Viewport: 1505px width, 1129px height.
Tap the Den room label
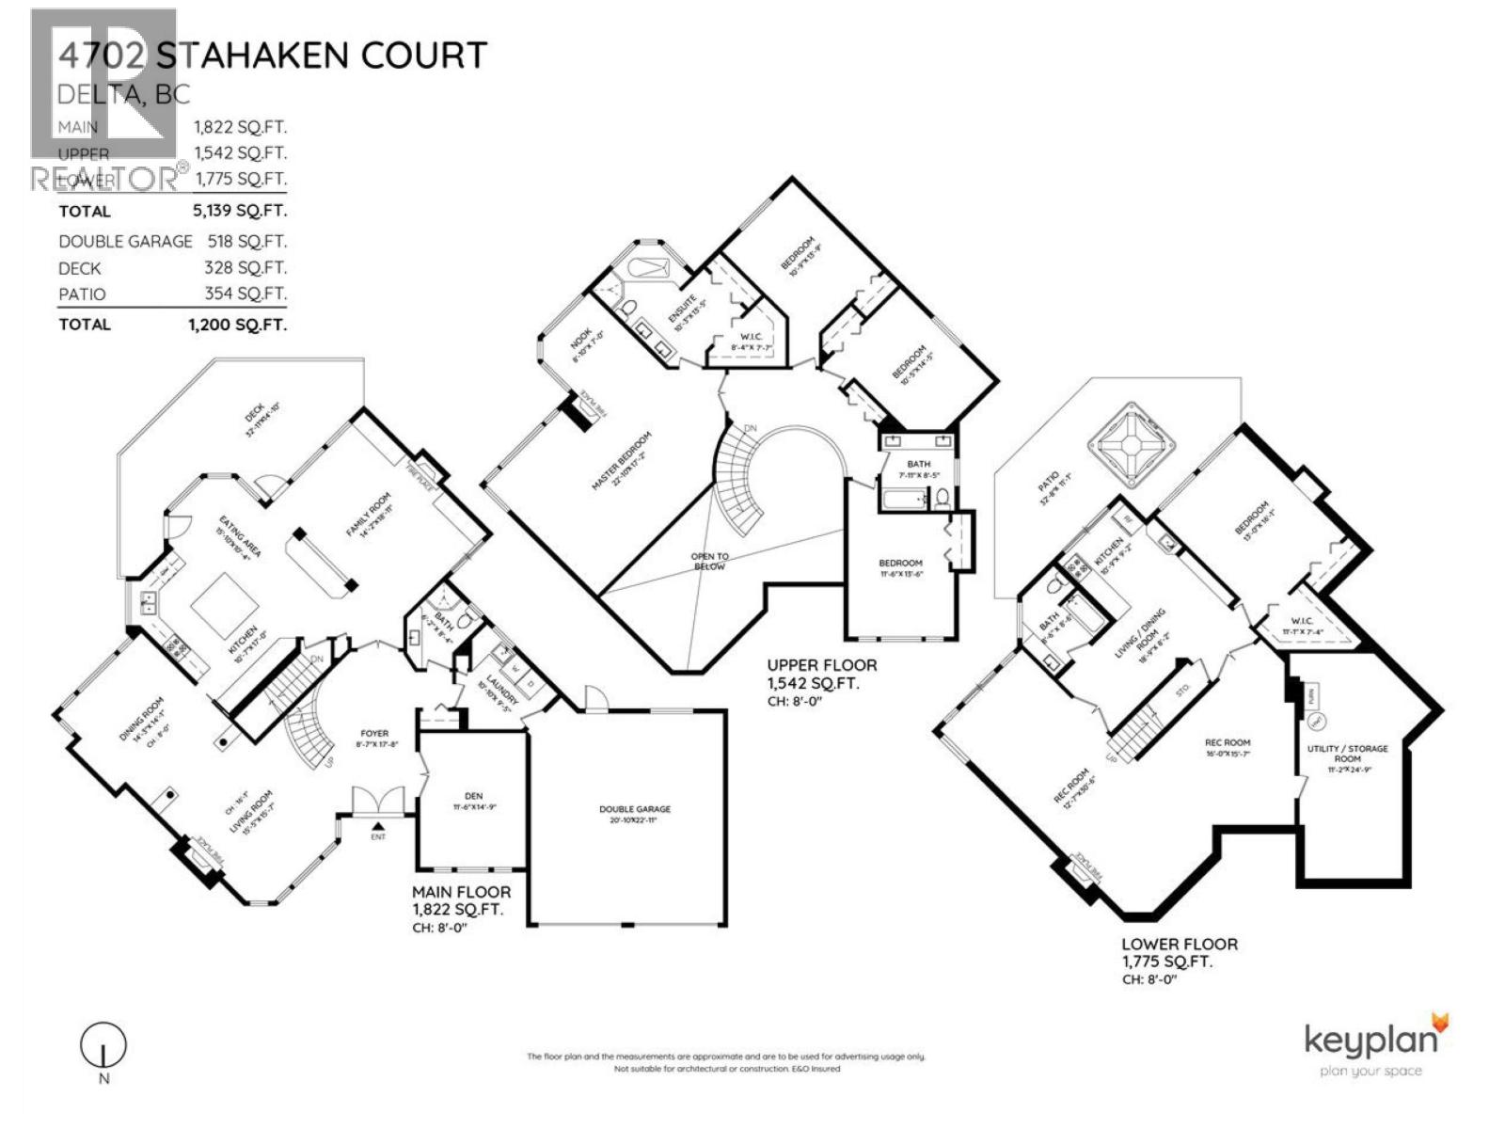[473, 801]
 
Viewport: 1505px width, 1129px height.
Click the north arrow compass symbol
[104, 1045]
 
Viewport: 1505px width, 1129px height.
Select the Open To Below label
[710, 562]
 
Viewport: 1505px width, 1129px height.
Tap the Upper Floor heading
[822, 664]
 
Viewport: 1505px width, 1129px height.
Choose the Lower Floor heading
[1180, 944]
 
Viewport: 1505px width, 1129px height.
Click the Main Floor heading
[462, 892]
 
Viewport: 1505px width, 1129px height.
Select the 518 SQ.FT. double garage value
[246, 241]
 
